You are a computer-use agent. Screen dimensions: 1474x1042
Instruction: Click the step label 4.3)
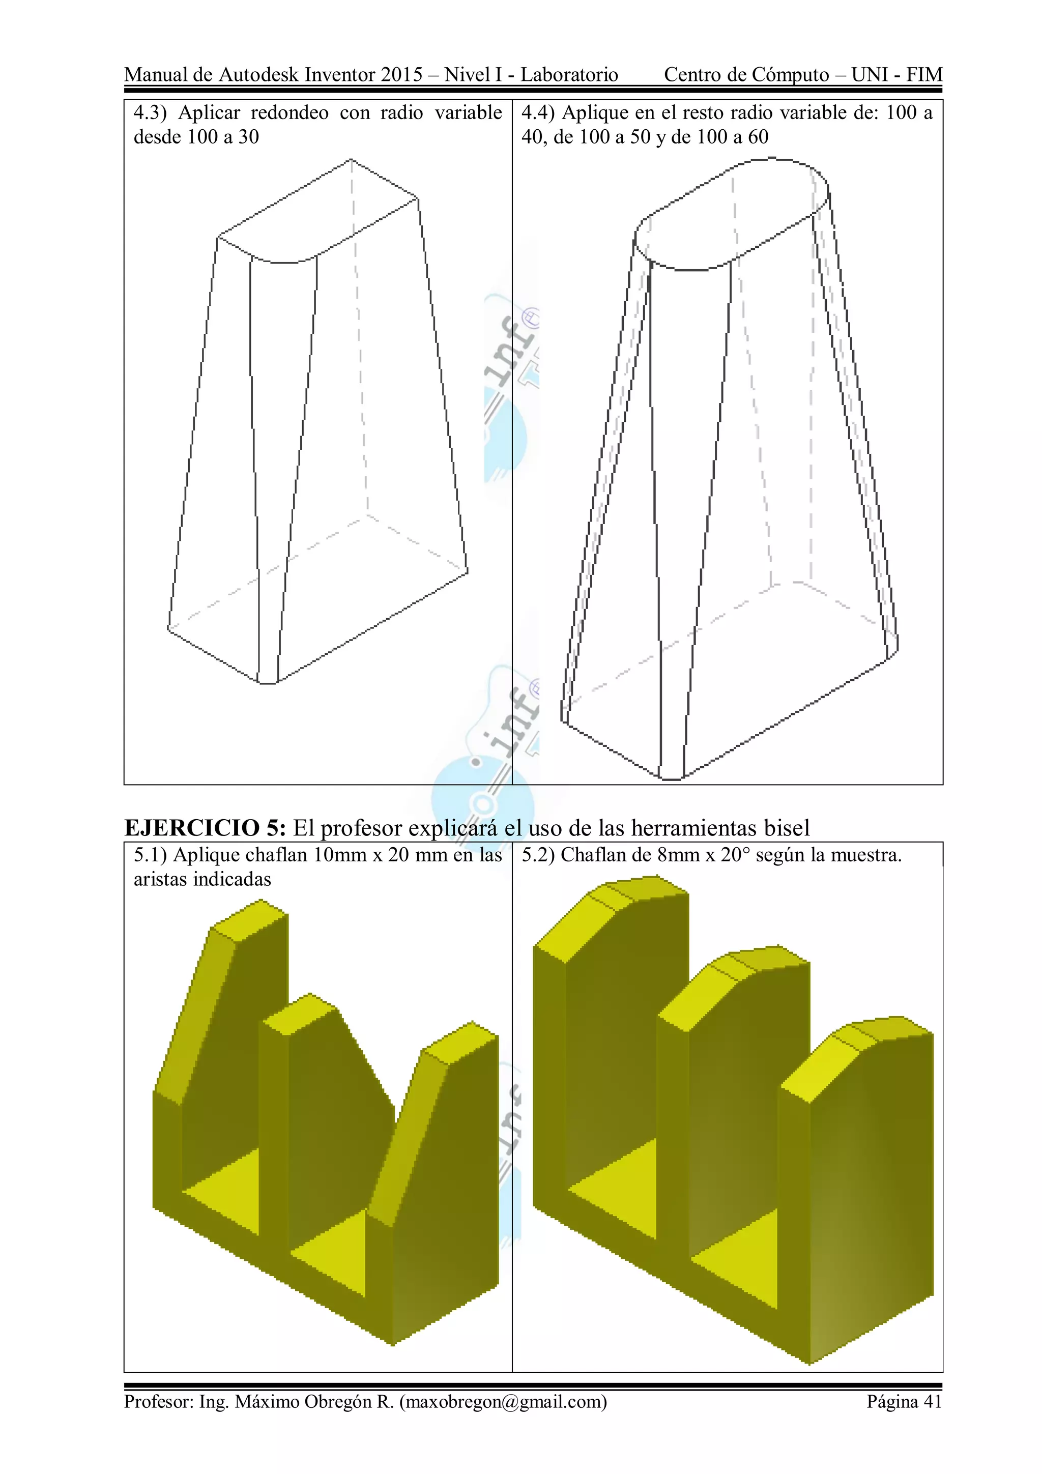(x=150, y=113)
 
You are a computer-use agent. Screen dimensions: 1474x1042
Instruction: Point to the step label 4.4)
(x=537, y=113)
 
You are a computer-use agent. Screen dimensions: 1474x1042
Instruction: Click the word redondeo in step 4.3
(x=289, y=113)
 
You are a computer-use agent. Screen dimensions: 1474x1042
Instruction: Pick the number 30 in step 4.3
(x=248, y=137)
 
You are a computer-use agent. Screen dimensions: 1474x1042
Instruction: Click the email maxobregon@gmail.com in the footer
(x=503, y=1401)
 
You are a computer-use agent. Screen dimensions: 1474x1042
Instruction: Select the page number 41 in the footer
(x=932, y=1401)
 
